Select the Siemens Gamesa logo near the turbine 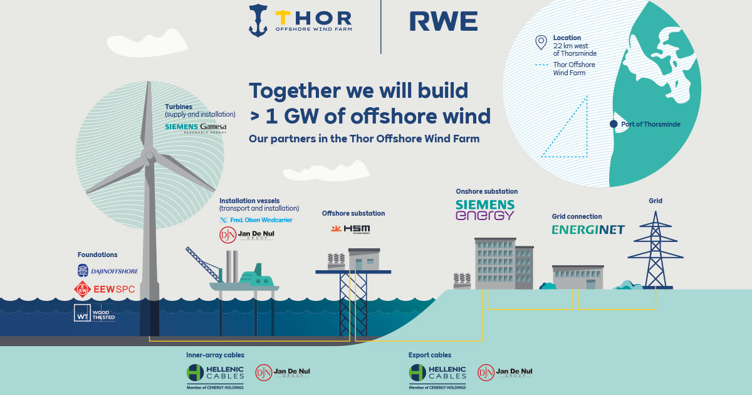(196, 127)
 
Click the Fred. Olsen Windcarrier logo (256, 220)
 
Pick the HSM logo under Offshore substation (350, 229)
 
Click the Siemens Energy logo (485, 209)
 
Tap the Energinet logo (588, 229)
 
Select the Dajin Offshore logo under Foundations (107, 271)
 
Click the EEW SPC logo (104, 289)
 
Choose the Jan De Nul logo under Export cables (504, 372)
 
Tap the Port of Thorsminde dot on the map (614, 124)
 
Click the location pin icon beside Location (541, 43)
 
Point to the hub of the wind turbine (149, 154)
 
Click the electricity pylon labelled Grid (655, 251)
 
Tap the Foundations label (97, 255)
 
